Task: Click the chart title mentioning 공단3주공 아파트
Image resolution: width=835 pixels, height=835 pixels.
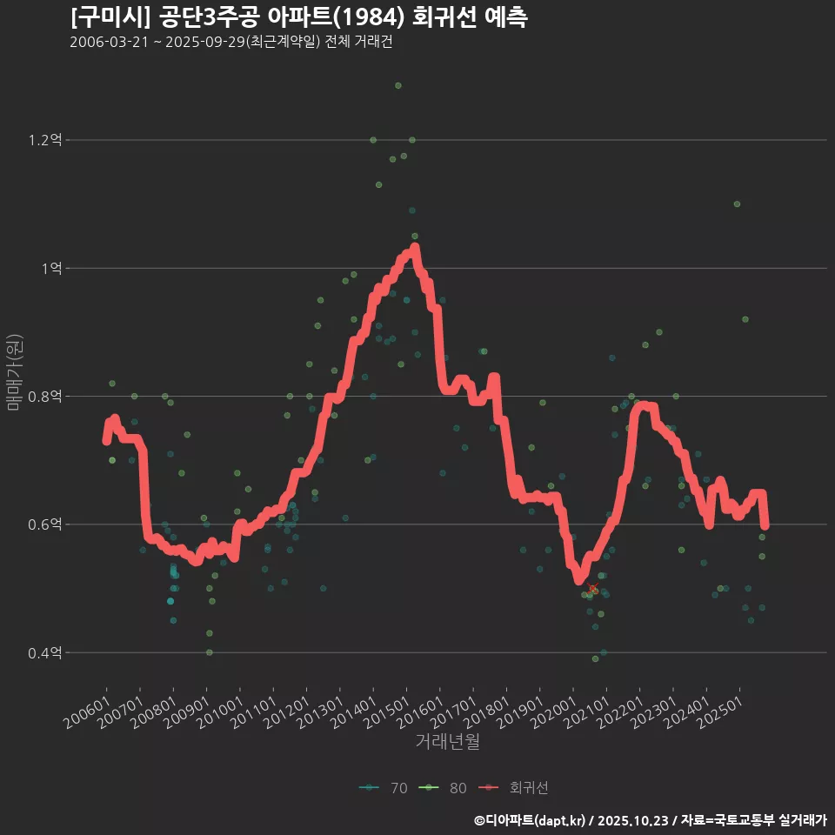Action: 298,17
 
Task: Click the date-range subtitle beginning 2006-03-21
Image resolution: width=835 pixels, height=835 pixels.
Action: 230,43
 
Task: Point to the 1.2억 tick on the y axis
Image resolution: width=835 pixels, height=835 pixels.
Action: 45,140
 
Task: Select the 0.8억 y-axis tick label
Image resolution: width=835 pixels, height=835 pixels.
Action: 45,397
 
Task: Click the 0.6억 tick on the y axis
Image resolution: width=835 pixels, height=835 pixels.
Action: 45,524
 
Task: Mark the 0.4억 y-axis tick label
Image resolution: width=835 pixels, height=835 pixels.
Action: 45,653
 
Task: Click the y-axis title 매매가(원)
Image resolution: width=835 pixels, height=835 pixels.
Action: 15,372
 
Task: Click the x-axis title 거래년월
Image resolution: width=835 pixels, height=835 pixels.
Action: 447,741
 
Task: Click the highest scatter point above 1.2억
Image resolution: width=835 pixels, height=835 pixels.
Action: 397,85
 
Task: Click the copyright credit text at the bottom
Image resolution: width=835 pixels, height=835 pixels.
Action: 650,820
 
